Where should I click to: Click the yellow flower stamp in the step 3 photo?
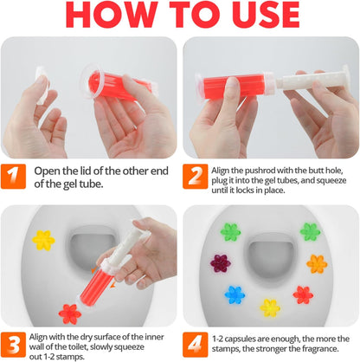click(43, 239)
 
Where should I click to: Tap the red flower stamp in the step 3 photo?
click(69, 312)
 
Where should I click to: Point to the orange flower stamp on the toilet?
click(317, 263)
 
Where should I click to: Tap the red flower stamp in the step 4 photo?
click(303, 294)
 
